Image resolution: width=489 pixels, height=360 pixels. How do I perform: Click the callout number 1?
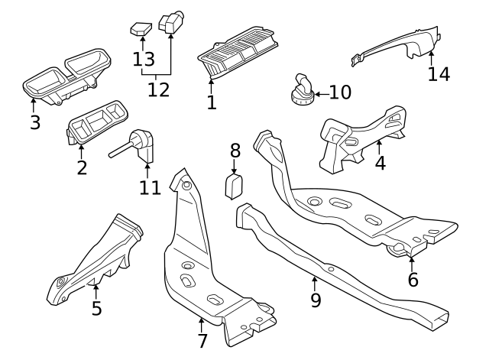click(x=212, y=101)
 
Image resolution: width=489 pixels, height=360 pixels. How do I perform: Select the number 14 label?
click(x=439, y=74)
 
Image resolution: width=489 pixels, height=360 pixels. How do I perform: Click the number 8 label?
click(x=235, y=150)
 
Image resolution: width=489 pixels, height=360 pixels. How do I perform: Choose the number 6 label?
click(x=413, y=279)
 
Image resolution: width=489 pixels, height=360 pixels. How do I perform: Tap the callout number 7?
click(x=202, y=341)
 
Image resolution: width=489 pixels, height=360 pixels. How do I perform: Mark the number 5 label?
click(x=96, y=309)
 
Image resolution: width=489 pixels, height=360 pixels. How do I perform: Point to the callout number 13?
click(x=144, y=59)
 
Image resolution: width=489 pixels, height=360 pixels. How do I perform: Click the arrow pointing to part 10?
click(x=320, y=92)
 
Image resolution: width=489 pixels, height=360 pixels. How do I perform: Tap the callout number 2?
click(x=82, y=167)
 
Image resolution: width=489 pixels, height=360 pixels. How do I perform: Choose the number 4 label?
click(x=380, y=162)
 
